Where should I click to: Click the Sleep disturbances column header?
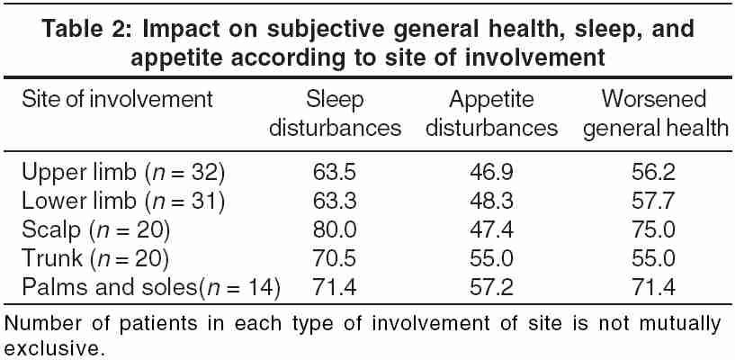pos(335,113)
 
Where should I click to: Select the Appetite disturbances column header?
pos(491,113)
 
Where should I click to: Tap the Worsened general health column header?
pos(655,113)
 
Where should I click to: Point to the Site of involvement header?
pos(117,99)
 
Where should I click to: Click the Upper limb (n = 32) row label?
pos(123,173)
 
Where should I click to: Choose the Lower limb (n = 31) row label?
pos(123,202)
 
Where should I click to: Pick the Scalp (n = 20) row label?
pos(95,230)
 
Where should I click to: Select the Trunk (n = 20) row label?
pos(95,259)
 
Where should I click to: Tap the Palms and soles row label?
pos(151,287)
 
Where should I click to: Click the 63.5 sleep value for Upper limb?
pos(335,173)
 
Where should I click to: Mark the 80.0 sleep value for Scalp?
pos(335,230)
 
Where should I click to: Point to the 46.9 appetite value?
pos(491,173)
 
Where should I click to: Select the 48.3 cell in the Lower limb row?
pos(491,202)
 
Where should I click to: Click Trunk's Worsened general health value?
pos(653,259)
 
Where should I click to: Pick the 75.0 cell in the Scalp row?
pos(653,230)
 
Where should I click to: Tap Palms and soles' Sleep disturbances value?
pos(335,287)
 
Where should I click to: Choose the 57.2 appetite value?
pos(491,287)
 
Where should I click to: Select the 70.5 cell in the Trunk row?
pos(335,259)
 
